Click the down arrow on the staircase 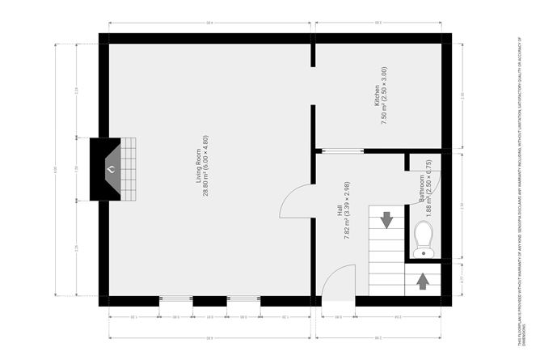point(386,218)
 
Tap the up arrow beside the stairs point(422,282)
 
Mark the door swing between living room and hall point(296,202)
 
